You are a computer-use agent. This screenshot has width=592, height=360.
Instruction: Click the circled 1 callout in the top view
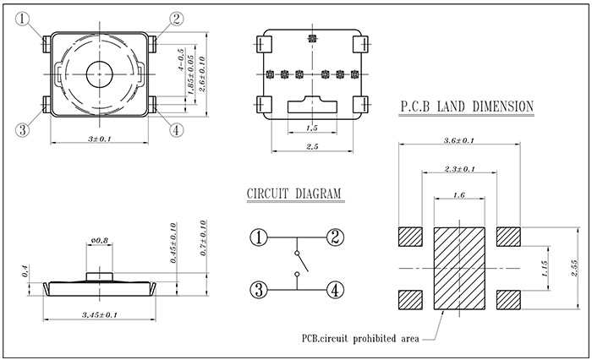tap(24, 17)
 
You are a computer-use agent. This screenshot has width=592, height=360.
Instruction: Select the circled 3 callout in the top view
tap(23, 130)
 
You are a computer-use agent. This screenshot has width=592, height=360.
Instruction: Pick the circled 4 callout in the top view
tap(176, 130)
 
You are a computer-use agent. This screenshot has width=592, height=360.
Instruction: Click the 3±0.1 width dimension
tap(101, 138)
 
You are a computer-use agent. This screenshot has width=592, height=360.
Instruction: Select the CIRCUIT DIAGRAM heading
tap(293, 194)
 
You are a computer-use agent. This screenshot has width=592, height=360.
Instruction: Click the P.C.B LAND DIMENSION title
tap(465, 106)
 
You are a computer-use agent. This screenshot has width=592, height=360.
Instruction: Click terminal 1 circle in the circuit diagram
tap(260, 237)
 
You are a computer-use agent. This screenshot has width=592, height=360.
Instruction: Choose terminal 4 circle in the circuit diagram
tap(335, 290)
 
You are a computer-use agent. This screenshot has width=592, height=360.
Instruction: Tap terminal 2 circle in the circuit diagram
tap(335, 237)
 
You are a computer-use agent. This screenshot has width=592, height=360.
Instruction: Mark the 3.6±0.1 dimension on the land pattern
tap(459, 140)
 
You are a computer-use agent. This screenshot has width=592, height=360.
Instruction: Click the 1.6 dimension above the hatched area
tap(459, 195)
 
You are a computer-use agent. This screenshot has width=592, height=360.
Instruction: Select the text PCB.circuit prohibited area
tap(360, 339)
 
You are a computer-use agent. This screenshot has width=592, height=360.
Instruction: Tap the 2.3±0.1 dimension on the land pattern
tap(459, 170)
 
